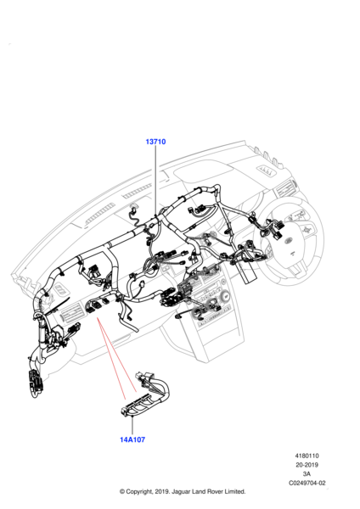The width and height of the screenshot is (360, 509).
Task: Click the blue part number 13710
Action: click(x=155, y=142)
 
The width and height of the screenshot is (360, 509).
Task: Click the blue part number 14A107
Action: click(x=132, y=439)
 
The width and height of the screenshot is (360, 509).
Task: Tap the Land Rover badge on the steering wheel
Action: click(x=289, y=241)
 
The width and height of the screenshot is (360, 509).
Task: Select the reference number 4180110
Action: click(x=307, y=456)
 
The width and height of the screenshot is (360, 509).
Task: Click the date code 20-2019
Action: click(x=307, y=465)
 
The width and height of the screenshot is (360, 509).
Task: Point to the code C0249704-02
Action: click(x=307, y=483)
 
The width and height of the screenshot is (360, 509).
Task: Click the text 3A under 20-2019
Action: click(x=307, y=474)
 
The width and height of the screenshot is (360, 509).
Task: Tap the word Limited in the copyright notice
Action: click(x=233, y=491)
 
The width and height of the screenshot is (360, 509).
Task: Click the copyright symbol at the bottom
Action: click(x=122, y=492)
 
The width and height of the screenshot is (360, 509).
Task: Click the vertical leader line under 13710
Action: click(x=156, y=181)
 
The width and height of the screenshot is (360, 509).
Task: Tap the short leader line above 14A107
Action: click(x=132, y=426)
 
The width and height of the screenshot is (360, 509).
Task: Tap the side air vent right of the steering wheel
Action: click(x=285, y=189)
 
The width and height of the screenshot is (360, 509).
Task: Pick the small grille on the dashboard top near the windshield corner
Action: click(x=267, y=171)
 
